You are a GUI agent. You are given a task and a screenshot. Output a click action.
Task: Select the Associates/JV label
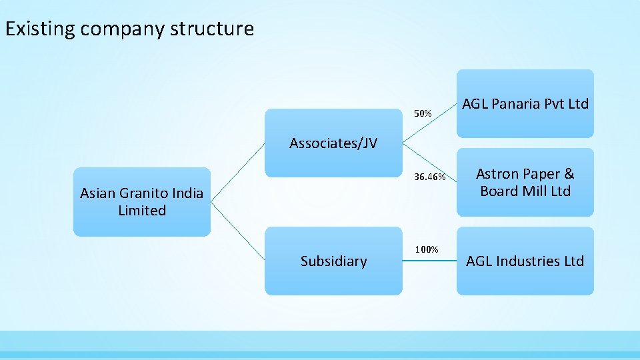click(333, 143)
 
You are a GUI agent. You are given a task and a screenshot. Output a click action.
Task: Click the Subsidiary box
click(333, 261)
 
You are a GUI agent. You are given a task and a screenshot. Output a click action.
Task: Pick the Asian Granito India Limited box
click(141, 202)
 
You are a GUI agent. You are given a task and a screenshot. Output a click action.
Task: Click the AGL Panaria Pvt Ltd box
click(525, 104)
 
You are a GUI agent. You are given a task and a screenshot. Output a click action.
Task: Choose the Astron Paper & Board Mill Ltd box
click(525, 182)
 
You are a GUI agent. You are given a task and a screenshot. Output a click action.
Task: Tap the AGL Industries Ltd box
click(525, 261)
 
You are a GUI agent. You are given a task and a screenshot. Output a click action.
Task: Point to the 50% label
click(423, 114)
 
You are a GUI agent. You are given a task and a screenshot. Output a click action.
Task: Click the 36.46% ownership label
click(429, 177)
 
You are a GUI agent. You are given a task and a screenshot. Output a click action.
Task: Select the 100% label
click(427, 249)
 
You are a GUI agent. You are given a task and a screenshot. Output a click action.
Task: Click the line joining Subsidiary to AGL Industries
click(429, 261)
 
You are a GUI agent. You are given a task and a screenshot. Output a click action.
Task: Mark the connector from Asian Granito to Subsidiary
click(238, 231)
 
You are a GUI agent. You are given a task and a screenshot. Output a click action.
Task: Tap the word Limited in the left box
click(141, 211)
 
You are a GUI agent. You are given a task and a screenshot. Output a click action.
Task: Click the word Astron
click(497, 174)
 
